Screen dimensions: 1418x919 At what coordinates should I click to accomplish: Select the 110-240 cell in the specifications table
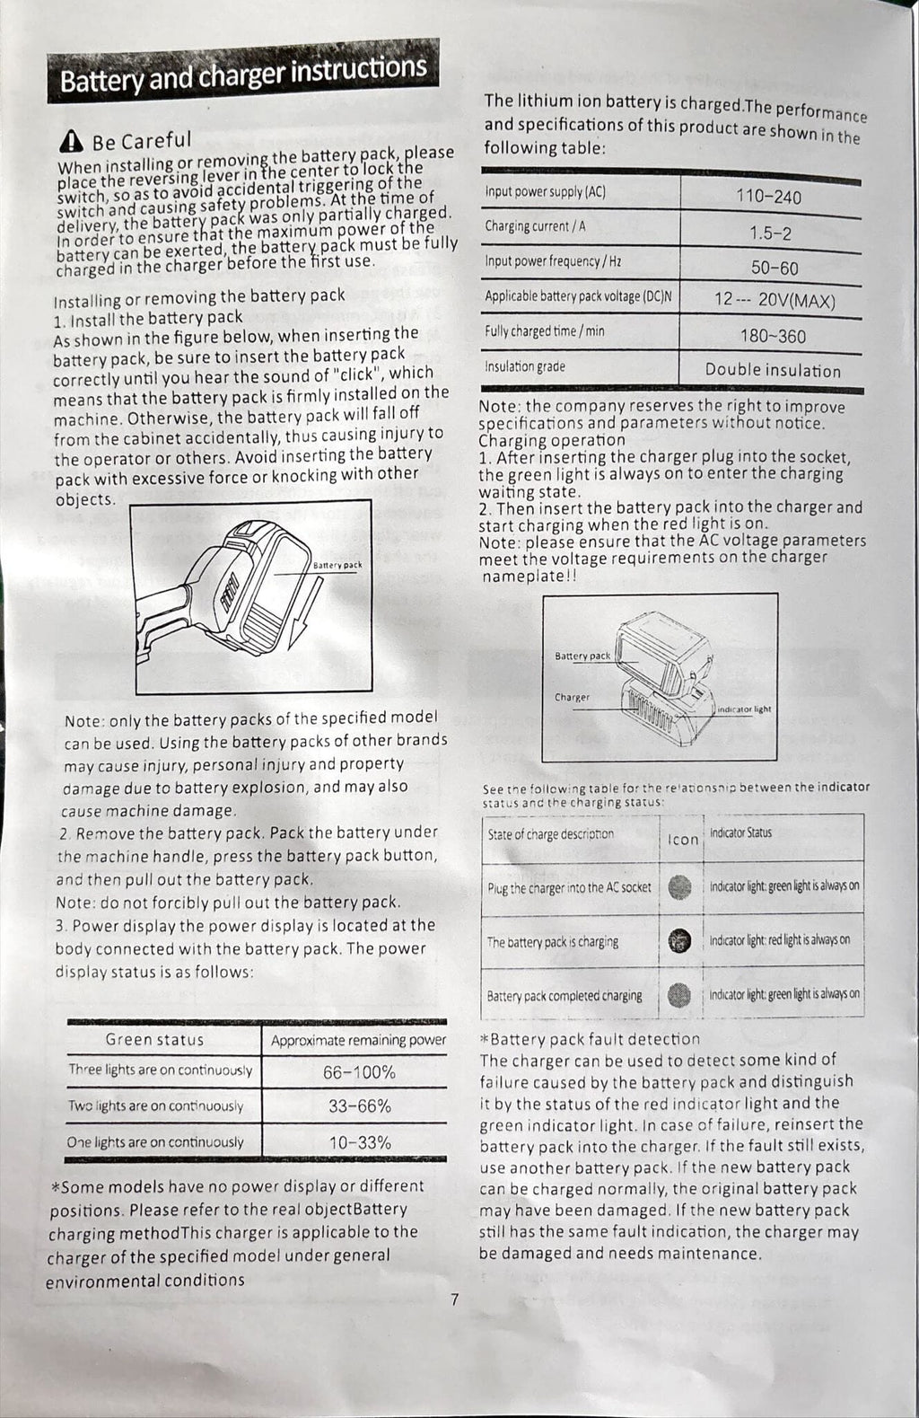tap(768, 198)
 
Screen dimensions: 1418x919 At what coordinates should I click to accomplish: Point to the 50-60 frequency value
tap(774, 268)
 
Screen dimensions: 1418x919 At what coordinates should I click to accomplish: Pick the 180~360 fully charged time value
tap(773, 337)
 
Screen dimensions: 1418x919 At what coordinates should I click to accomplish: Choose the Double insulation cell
tap(773, 370)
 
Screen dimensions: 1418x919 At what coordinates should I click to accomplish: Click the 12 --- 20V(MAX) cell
tap(775, 301)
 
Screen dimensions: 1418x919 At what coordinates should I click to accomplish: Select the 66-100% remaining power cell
tap(359, 1072)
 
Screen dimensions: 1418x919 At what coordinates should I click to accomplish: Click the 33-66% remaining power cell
tap(359, 1106)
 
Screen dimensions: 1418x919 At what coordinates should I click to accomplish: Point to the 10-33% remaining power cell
tap(359, 1142)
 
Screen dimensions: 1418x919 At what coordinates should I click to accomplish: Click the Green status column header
tap(154, 1040)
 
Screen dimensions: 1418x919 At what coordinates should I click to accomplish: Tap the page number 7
tap(455, 1299)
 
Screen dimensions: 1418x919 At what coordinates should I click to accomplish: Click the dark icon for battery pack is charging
tap(680, 940)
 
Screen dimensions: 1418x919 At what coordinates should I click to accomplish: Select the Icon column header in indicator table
tap(683, 840)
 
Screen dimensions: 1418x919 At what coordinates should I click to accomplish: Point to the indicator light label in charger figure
tap(744, 709)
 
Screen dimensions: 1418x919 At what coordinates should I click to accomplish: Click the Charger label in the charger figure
tap(572, 697)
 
